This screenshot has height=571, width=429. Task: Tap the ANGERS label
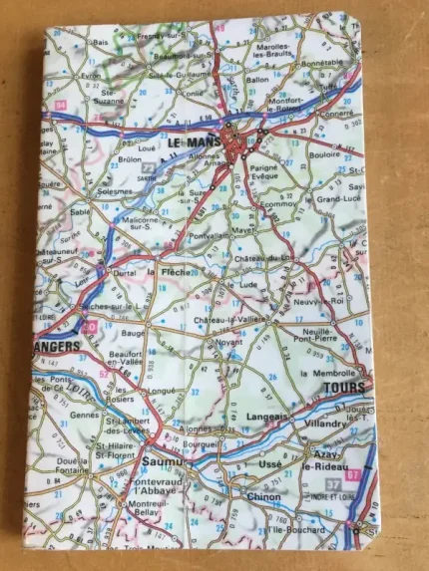click(58, 347)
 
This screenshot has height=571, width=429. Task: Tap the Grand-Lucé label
click(339, 199)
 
